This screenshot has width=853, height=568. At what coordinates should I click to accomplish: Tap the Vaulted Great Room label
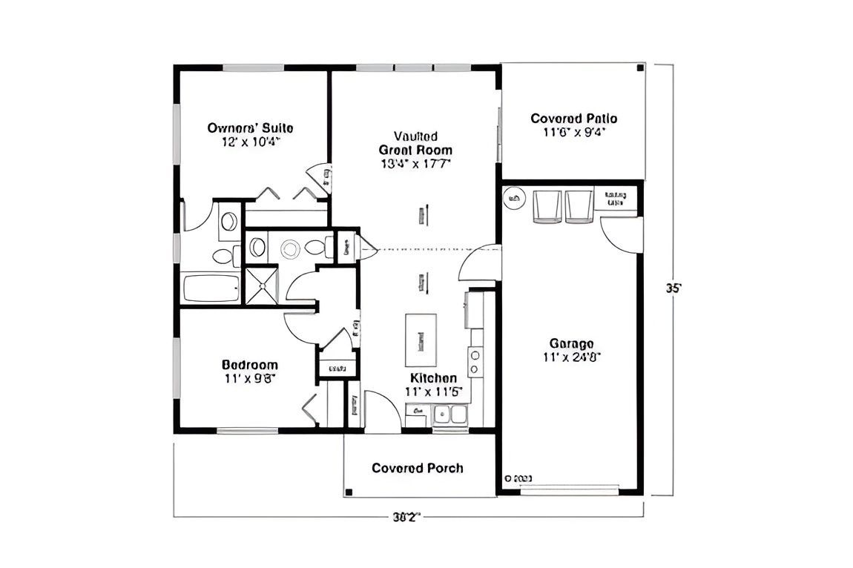pyautogui.click(x=415, y=143)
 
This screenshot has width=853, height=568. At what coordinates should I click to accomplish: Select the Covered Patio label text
pyautogui.click(x=573, y=118)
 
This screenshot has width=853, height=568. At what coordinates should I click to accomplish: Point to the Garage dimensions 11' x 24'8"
pyautogui.click(x=571, y=357)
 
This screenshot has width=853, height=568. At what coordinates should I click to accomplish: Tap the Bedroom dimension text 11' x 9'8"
pyautogui.click(x=250, y=377)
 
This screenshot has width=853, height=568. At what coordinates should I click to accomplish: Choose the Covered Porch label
pyautogui.click(x=418, y=468)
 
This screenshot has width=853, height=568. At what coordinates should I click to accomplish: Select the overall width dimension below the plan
pyautogui.click(x=407, y=517)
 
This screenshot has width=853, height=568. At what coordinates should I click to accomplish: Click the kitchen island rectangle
pyautogui.click(x=421, y=335)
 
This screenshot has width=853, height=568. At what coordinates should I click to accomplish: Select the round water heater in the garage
pyautogui.click(x=513, y=198)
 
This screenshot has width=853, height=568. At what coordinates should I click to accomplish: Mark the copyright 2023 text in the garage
pyautogui.click(x=518, y=479)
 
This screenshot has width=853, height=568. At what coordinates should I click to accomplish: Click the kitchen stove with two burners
pyautogui.click(x=474, y=361)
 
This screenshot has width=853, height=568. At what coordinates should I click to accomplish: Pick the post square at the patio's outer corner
pyautogui.click(x=639, y=69)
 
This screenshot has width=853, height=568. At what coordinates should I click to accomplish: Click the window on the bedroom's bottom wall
pyautogui.click(x=248, y=430)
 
